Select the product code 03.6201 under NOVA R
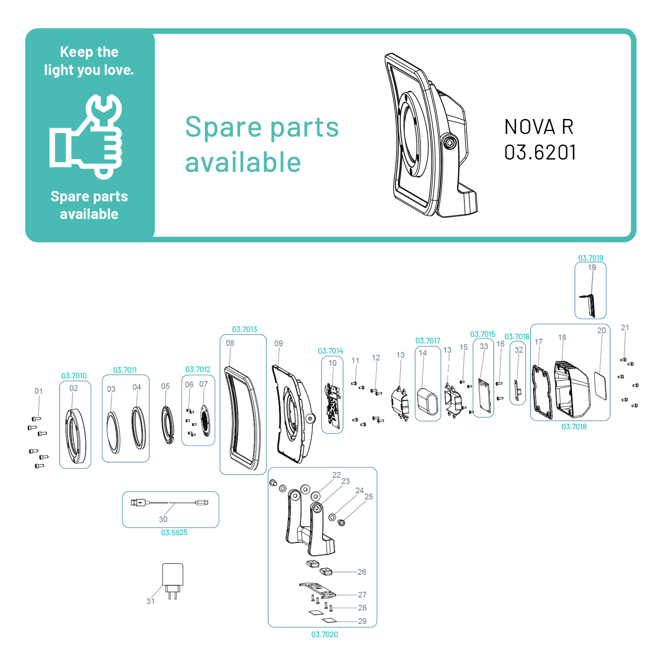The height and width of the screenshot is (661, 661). pyautogui.click(x=540, y=152)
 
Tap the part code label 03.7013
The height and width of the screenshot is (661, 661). pyautogui.click(x=244, y=329)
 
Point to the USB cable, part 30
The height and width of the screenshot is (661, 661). pyautogui.click(x=170, y=502)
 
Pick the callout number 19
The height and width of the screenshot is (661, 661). pyautogui.click(x=591, y=267)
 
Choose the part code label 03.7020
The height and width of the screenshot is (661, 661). pyautogui.click(x=324, y=634)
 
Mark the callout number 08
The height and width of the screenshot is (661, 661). pyautogui.click(x=230, y=343)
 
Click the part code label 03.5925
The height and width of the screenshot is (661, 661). pyautogui.click(x=174, y=532)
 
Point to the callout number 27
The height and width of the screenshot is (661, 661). pyautogui.click(x=362, y=594)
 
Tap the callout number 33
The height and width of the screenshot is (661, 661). pyautogui.click(x=483, y=346)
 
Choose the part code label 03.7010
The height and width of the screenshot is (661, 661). pyautogui.click(x=74, y=376)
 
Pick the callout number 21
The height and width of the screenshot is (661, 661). pyautogui.click(x=624, y=327)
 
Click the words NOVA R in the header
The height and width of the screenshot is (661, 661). pyautogui.click(x=538, y=127)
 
